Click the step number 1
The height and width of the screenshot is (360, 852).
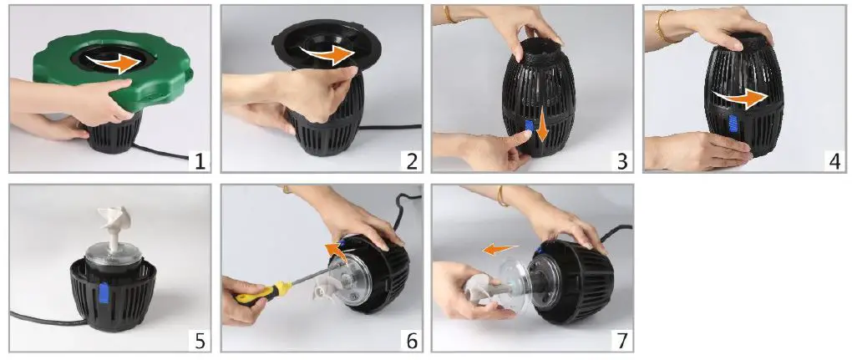coord(200,161)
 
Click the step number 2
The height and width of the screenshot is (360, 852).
coord(411,161)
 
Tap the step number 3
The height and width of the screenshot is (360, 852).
coord(622,161)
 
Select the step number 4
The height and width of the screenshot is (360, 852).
coord(834,161)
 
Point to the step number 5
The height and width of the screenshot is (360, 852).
coord(200,341)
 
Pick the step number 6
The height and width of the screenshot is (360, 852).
coord(411,341)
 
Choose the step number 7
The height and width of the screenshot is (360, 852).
coord(622,341)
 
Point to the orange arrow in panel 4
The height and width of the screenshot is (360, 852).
coord(741,99)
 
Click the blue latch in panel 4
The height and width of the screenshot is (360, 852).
coord(733,125)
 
